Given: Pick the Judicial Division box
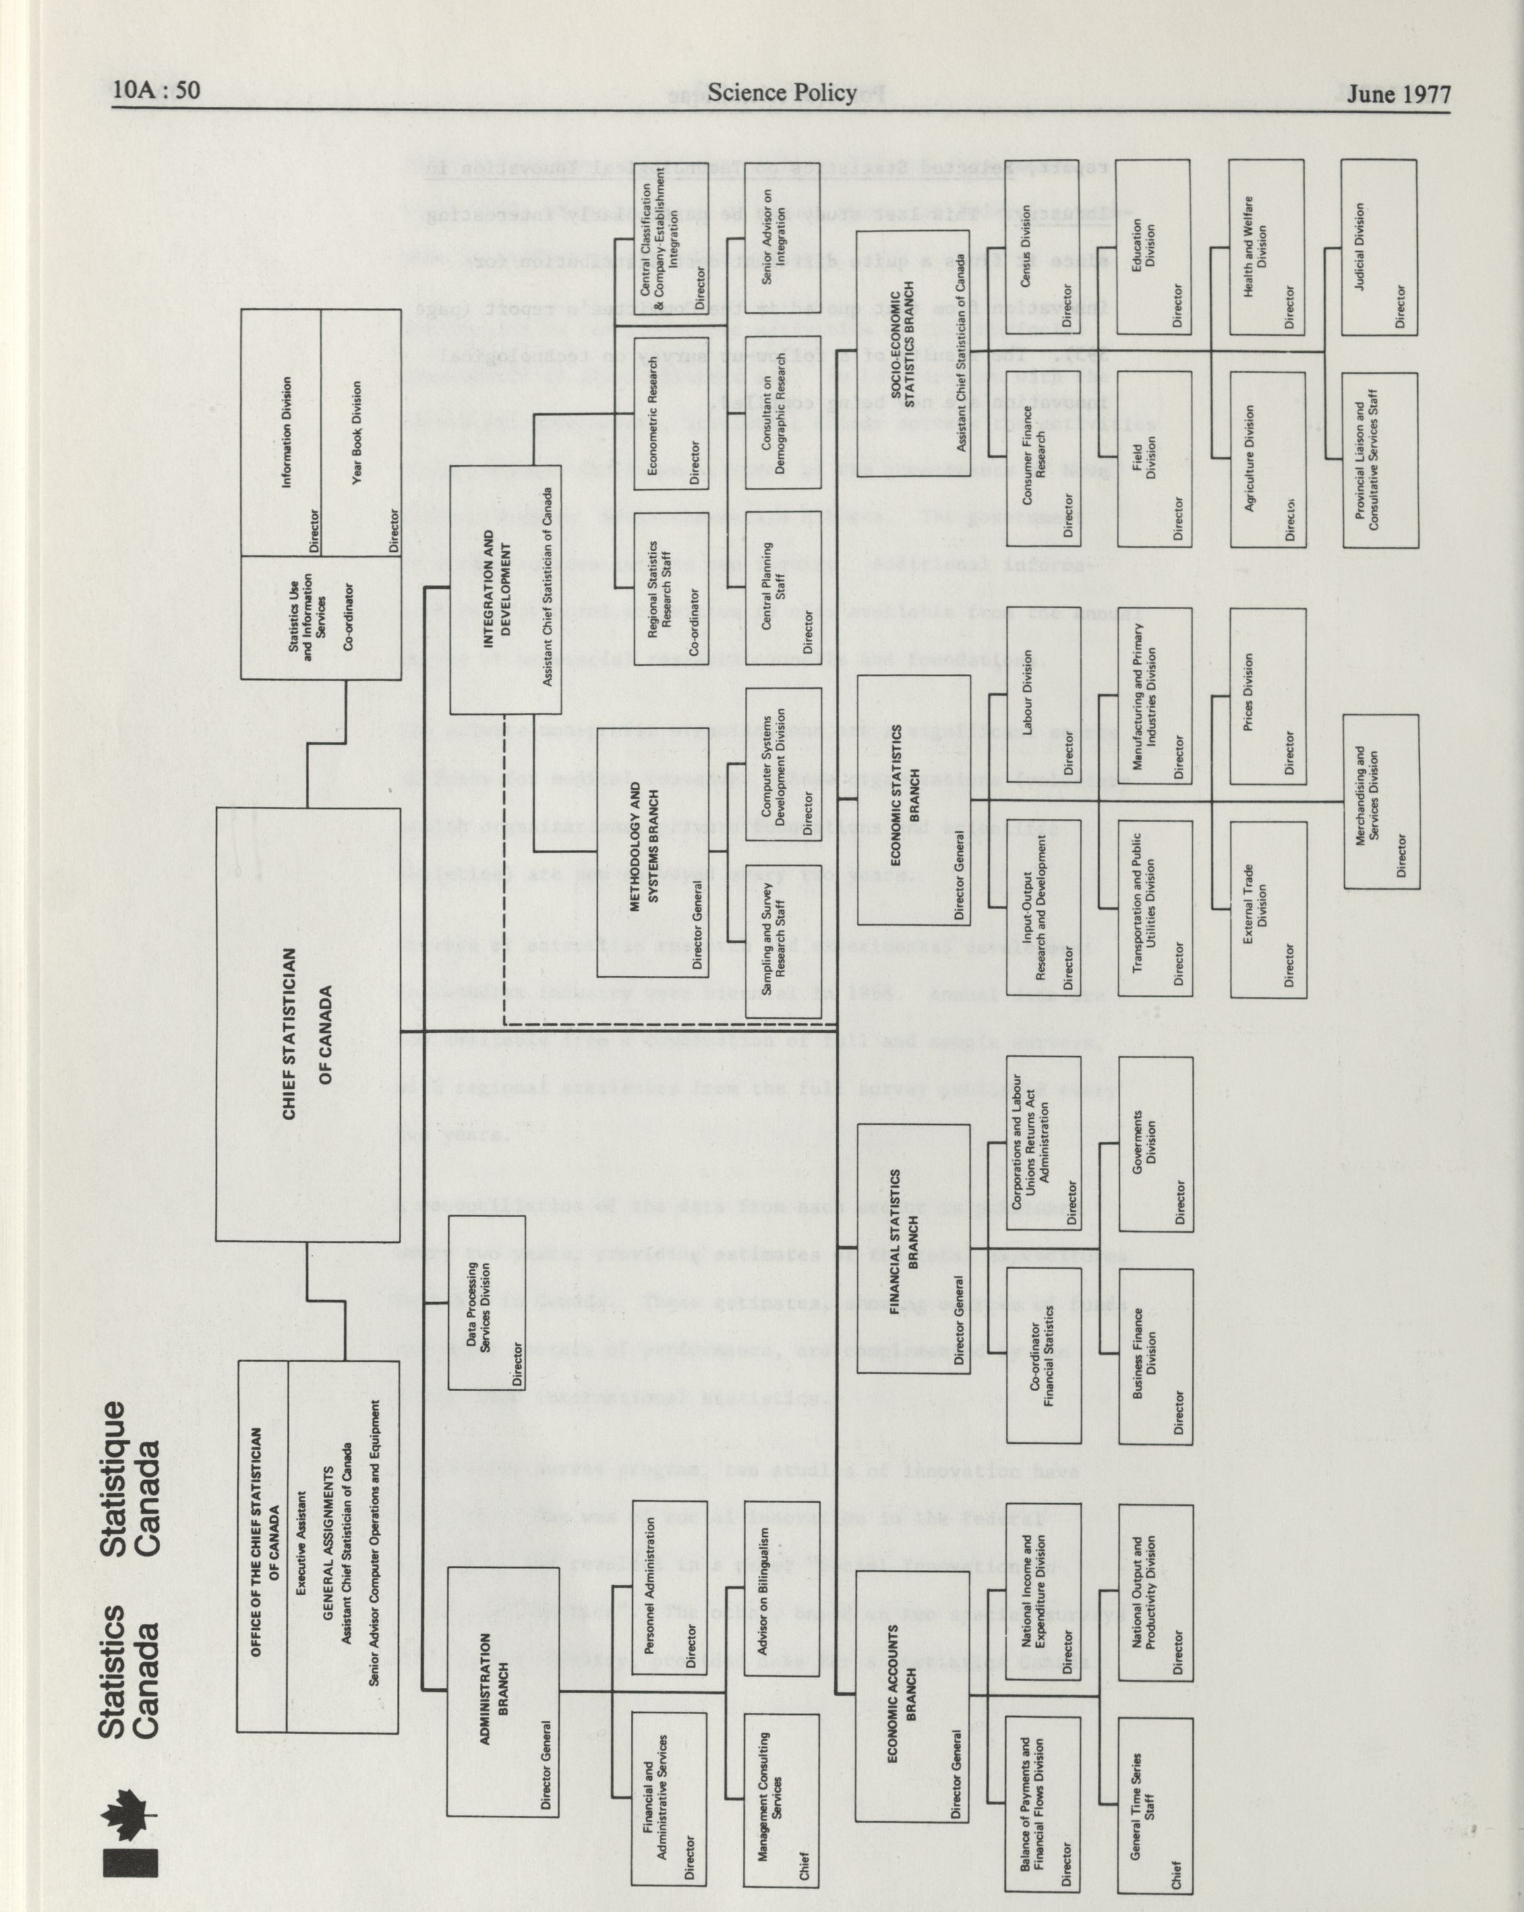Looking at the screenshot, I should coord(1380,247).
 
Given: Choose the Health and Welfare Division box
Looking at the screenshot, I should coord(1267,247).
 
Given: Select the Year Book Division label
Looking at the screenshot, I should coord(360,432).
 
